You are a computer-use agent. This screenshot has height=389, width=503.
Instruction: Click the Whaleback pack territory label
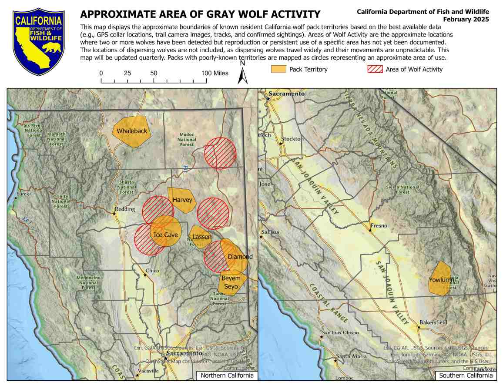pyautogui.click(x=132, y=131)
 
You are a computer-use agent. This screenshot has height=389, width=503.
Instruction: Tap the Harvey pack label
pyautogui.click(x=182, y=200)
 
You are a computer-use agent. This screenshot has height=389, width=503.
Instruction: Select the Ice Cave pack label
pyautogui.click(x=166, y=235)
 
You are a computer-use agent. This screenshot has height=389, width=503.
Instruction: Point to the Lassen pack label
pyautogui.click(x=201, y=237)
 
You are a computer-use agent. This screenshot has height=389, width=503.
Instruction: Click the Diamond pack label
pyautogui.click(x=240, y=257)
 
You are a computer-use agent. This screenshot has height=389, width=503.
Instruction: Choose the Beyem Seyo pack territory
pyautogui.click(x=231, y=282)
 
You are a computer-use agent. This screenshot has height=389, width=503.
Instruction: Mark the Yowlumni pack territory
pyautogui.click(x=439, y=280)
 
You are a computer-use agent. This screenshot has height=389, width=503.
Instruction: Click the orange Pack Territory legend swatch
pyautogui.click(x=278, y=69)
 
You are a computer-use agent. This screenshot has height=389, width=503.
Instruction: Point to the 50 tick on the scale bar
pyautogui.click(x=154, y=74)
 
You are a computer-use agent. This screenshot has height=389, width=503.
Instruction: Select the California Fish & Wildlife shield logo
pyautogui.click(x=39, y=41)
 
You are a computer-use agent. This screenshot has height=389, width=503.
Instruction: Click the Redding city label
pyautogui.click(x=125, y=209)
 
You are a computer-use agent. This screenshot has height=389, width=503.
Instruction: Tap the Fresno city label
pyautogui.click(x=379, y=225)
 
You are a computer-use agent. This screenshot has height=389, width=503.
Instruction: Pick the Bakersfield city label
pyautogui.click(x=433, y=323)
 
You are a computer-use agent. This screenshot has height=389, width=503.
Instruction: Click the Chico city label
pyautogui.click(x=152, y=271)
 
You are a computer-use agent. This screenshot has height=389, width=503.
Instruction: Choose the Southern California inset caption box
pyautogui.click(x=466, y=376)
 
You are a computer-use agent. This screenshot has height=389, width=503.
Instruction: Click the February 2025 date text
pyautogui.click(x=466, y=20)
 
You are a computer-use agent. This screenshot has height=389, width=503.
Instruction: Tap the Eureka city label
pyautogui.click(x=24, y=194)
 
